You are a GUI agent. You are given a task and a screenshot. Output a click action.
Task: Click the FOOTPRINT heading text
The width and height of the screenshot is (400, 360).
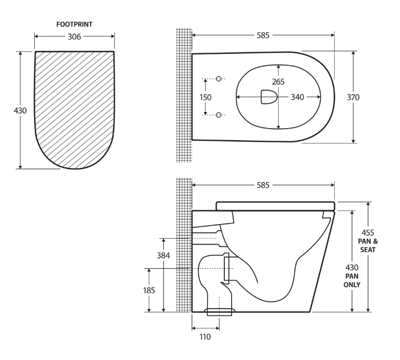click(x=74, y=23)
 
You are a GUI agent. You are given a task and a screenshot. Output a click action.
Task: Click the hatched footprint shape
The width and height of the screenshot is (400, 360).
click(x=74, y=104)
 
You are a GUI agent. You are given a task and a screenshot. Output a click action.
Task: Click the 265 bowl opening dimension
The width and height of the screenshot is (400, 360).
click(x=279, y=81)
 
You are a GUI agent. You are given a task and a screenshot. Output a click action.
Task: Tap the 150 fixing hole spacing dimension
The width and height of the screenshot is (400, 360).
click(x=206, y=97)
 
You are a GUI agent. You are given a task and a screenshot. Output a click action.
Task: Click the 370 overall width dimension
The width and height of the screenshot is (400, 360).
click(x=353, y=97)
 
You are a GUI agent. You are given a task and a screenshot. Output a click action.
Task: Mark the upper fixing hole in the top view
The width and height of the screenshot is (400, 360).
click(x=219, y=79)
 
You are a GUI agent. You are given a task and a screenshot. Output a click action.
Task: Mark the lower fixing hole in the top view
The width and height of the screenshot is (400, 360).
click(x=219, y=115)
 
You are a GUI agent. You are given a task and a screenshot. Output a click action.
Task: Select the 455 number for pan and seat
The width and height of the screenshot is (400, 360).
click(x=367, y=232)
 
